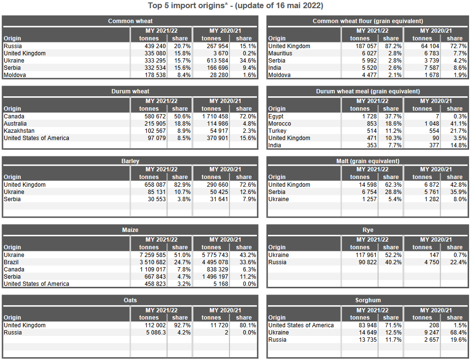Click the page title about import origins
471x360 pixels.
coord(235,6)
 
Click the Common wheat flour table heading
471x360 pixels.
coord(368,21)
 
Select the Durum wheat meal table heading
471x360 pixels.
coord(368,91)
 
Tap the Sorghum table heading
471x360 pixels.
coord(368,300)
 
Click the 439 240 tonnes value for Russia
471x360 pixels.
coord(153,46)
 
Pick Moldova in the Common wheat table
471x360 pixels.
coord(15,75)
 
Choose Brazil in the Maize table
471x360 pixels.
coord(12,262)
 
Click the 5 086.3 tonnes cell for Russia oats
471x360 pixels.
coord(153,333)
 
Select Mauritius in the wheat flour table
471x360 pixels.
coord(280,53)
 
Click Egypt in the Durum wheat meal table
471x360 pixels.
coord(276,116)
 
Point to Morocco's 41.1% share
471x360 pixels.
coord(458,124)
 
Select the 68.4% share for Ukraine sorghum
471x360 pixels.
coord(458,333)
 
